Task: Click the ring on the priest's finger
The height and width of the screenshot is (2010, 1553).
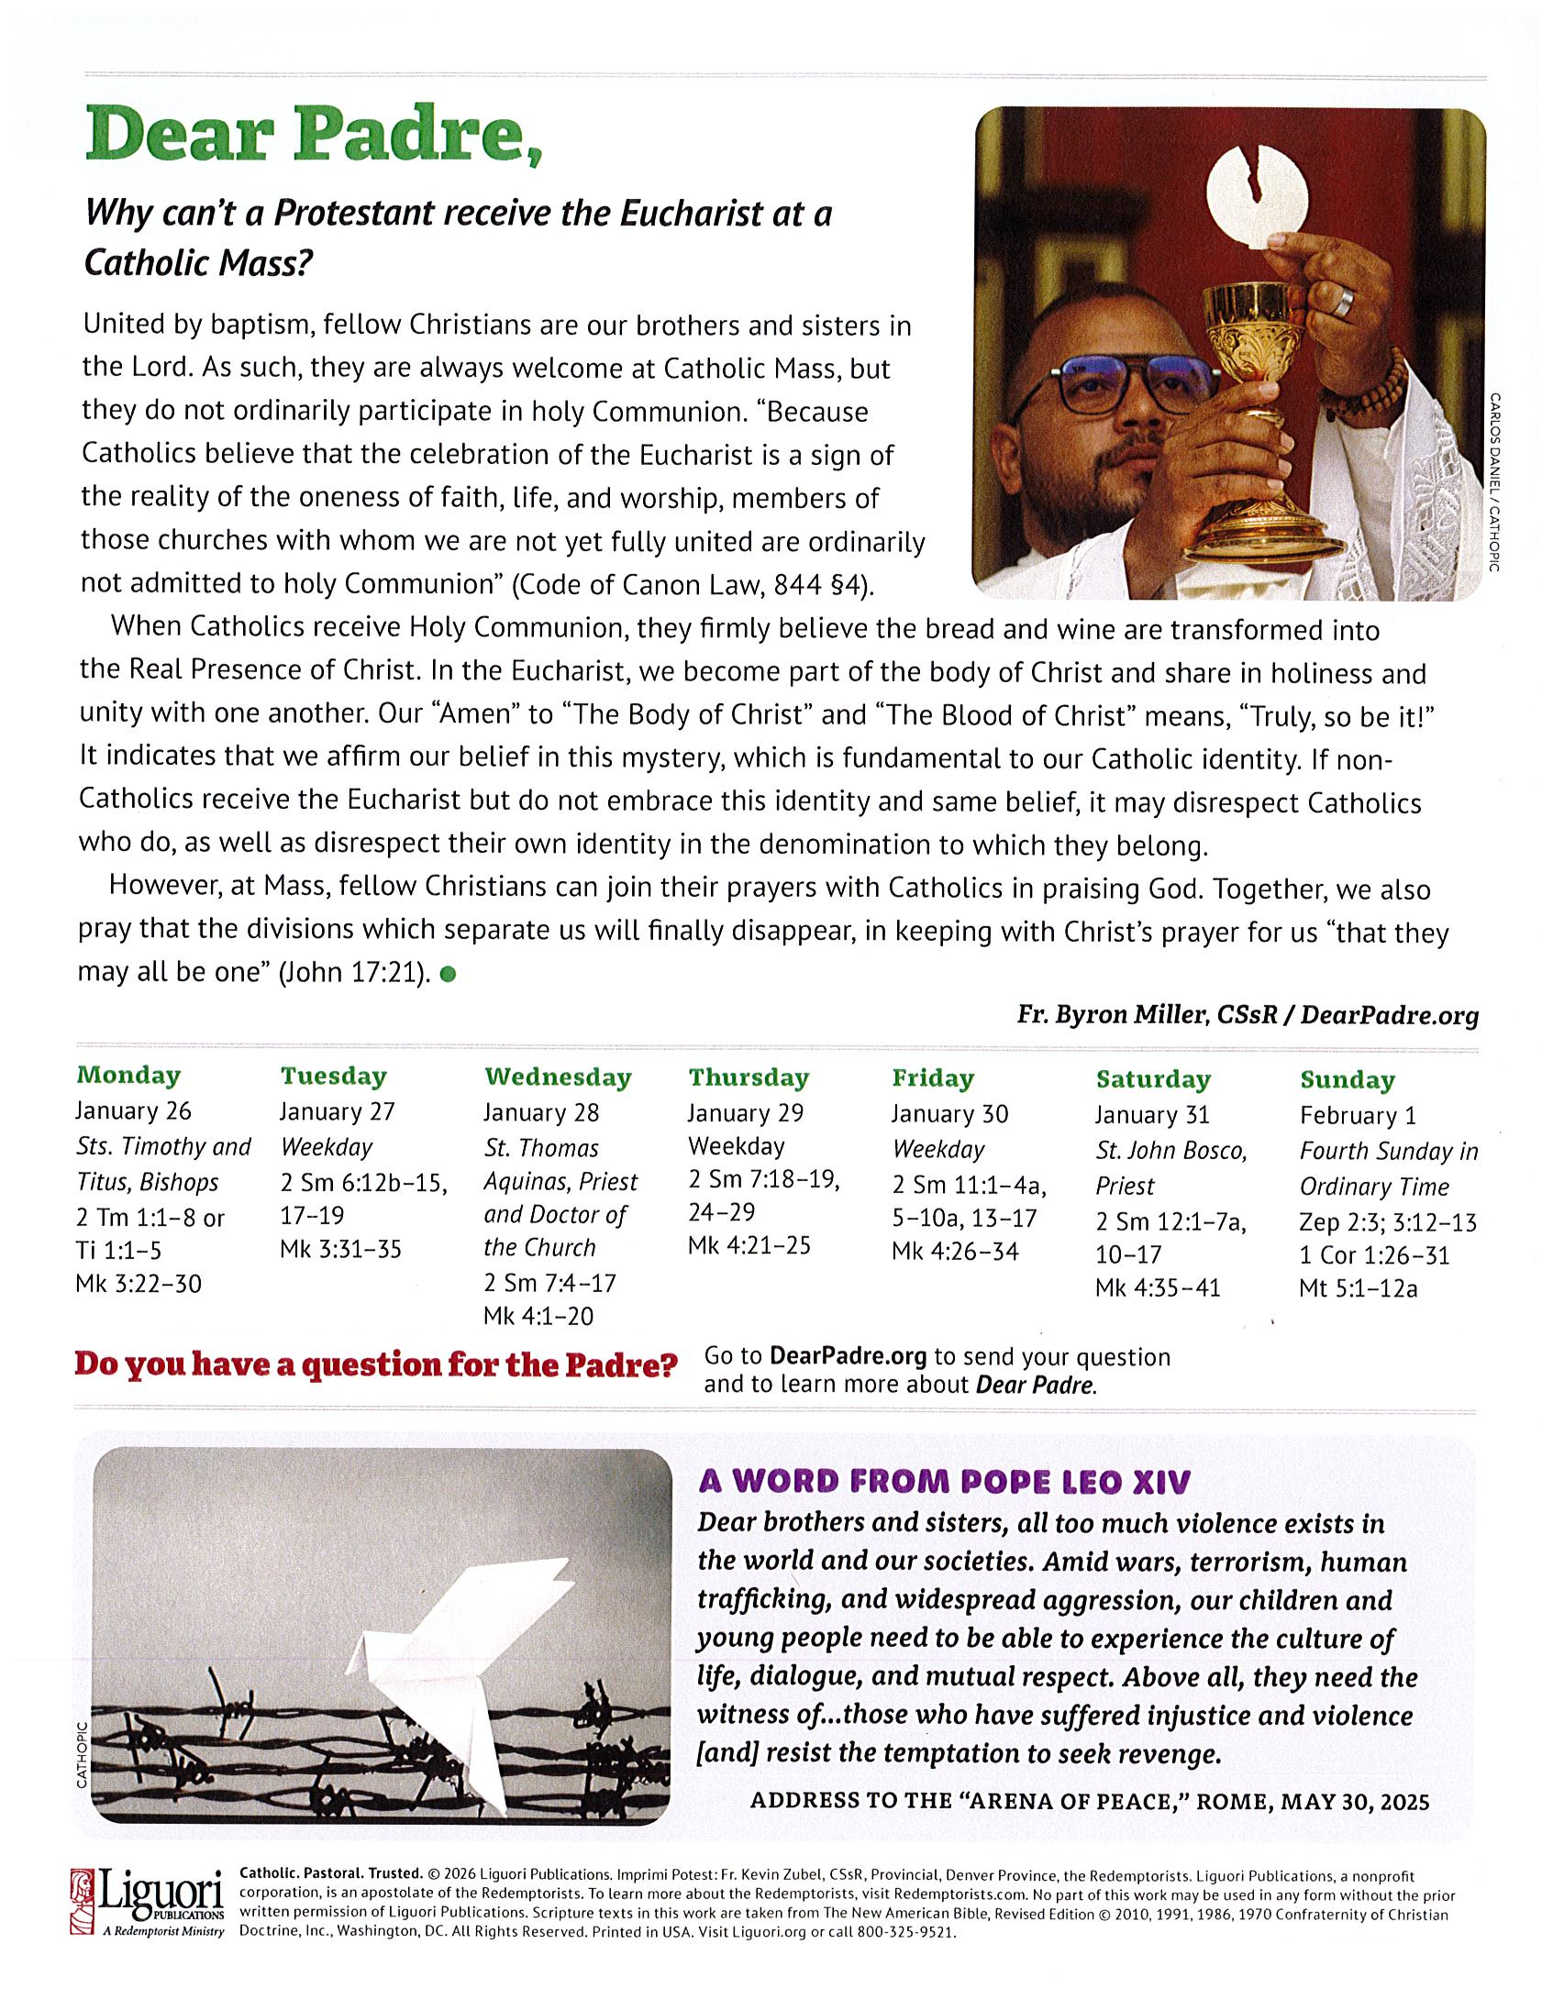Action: pos(1347,301)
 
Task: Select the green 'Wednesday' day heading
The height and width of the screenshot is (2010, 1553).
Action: pos(558,1077)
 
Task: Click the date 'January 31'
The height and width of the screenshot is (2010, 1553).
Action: pos(1151,1114)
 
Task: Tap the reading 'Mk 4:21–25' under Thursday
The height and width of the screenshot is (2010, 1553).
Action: pos(749,1245)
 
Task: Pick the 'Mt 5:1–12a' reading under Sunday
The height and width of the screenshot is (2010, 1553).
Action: pos(1358,1288)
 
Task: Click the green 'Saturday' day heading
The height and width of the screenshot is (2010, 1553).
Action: pos(1152,1078)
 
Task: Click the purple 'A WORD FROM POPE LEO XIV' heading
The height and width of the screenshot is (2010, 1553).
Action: pos(945,1482)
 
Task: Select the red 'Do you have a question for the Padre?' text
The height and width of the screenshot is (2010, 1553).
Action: pos(375,1364)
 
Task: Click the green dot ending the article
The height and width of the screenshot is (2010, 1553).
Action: pos(449,975)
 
